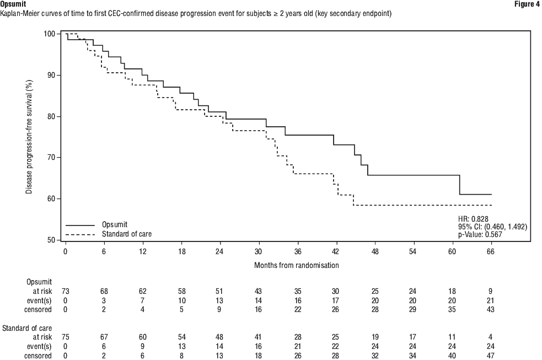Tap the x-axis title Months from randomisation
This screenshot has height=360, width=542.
pyautogui.click(x=296, y=265)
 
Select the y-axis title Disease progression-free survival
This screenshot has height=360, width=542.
pyautogui.click(x=28, y=137)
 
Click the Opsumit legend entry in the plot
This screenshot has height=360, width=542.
pyautogui.click(x=115, y=225)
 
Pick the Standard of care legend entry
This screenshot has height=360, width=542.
pyautogui.click(x=126, y=234)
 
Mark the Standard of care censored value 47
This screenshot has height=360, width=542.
pyautogui.click(x=490, y=356)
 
